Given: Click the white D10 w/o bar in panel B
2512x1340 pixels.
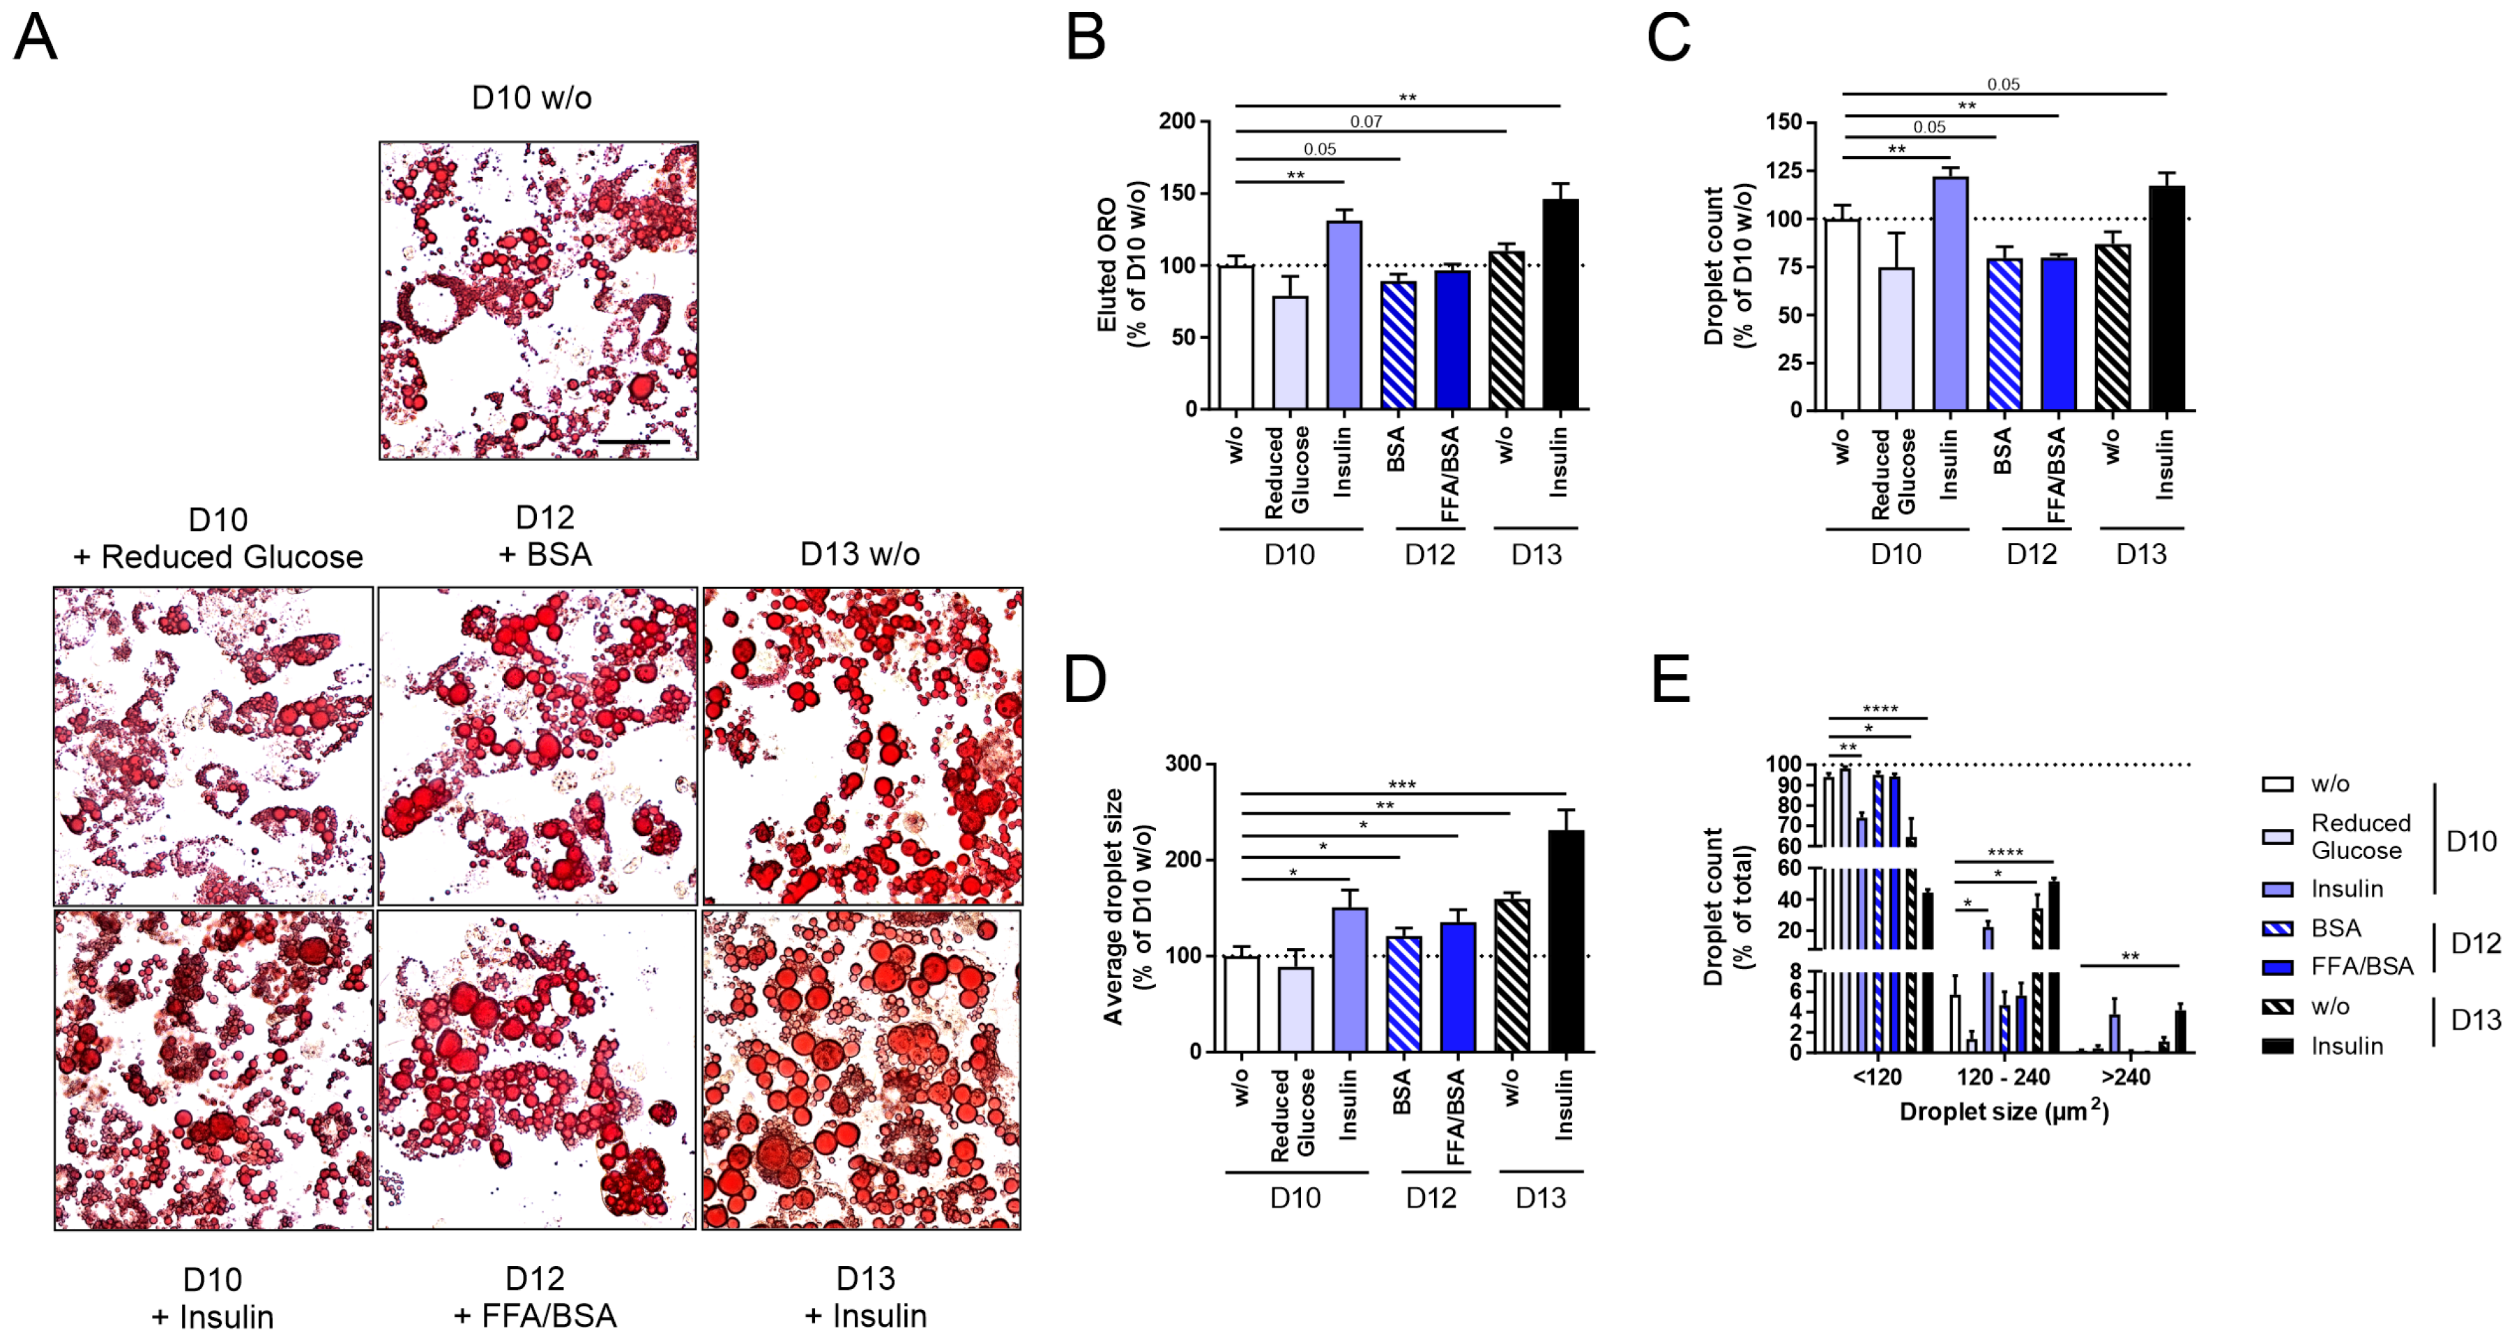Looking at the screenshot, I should tap(1235, 337).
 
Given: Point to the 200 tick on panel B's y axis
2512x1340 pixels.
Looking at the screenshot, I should tap(1177, 121).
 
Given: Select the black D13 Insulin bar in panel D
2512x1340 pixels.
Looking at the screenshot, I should tap(1566, 941).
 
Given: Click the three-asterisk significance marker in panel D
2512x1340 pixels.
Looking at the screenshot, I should tap(1401, 785).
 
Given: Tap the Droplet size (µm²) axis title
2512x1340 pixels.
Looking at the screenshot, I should tap(2004, 1112).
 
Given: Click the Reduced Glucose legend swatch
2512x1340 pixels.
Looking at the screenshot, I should tap(2277, 837).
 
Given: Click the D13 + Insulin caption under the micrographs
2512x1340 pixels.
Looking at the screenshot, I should tap(865, 1297).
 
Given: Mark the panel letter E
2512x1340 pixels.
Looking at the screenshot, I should tap(1670, 679).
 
